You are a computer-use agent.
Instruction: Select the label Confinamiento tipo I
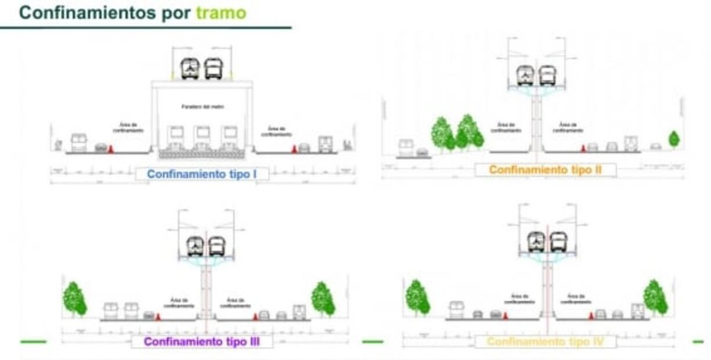point(201,174)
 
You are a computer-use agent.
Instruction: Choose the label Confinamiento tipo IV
point(545,341)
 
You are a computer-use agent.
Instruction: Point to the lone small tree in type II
point(673,139)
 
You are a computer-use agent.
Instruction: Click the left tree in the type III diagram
point(74,299)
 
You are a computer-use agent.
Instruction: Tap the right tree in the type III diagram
point(323,299)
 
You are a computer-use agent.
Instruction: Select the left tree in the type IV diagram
point(417,297)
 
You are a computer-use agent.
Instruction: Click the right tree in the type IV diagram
point(655,297)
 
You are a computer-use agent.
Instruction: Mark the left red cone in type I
point(111,148)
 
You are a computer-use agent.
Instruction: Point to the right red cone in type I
point(294,149)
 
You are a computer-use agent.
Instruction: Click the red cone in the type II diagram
point(583,149)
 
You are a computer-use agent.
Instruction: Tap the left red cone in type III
point(157,316)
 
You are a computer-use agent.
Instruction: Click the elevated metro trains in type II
point(536,75)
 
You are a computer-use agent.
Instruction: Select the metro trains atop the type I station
point(201,69)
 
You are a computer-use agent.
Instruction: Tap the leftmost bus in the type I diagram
point(78,142)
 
